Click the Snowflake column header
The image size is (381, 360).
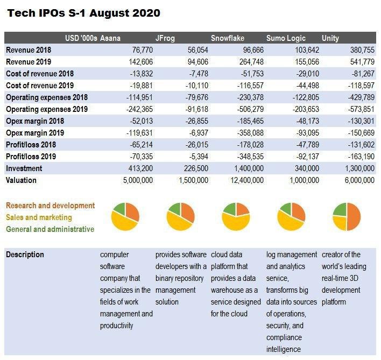coord(228,38)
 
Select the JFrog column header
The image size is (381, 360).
coord(165,38)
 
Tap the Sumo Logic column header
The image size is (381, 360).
coord(286,38)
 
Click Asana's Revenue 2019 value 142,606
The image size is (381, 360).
coord(140,62)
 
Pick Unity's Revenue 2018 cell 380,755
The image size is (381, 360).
coord(362,50)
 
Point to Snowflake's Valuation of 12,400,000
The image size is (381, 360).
coord(247,180)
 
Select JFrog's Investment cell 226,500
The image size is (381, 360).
coord(196,168)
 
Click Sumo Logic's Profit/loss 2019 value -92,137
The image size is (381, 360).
coord(308,157)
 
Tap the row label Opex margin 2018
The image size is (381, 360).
coord(35,121)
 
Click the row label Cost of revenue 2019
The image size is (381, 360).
coord(40,86)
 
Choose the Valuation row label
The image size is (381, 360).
coord(21,180)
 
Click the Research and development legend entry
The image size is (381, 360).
coord(50,206)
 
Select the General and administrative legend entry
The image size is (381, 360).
coord(50,229)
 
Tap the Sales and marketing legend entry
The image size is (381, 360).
coord(39,217)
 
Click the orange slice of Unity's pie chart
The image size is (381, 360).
coord(354,216)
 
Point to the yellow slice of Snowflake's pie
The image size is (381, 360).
coord(236,222)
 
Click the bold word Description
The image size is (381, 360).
coord(25,255)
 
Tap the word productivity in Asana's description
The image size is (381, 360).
coord(117,326)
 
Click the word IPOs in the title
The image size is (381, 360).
coord(52,13)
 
